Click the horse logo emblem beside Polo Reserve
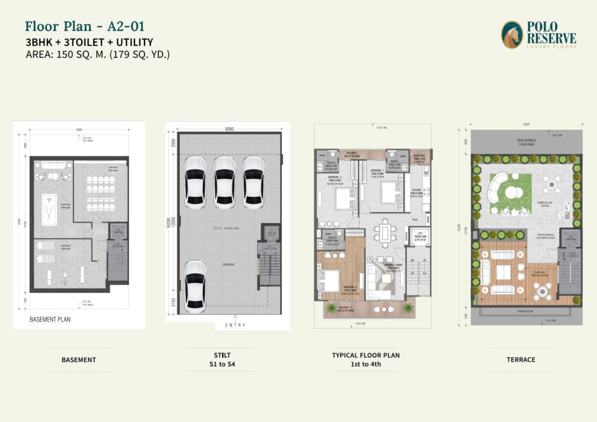(512, 35)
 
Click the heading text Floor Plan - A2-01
(85, 26)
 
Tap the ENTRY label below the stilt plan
(235, 325)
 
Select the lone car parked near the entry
(194, 286)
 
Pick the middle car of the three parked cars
(224, 182)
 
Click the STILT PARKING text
(226, 228)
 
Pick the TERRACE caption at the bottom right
(520, 360)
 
